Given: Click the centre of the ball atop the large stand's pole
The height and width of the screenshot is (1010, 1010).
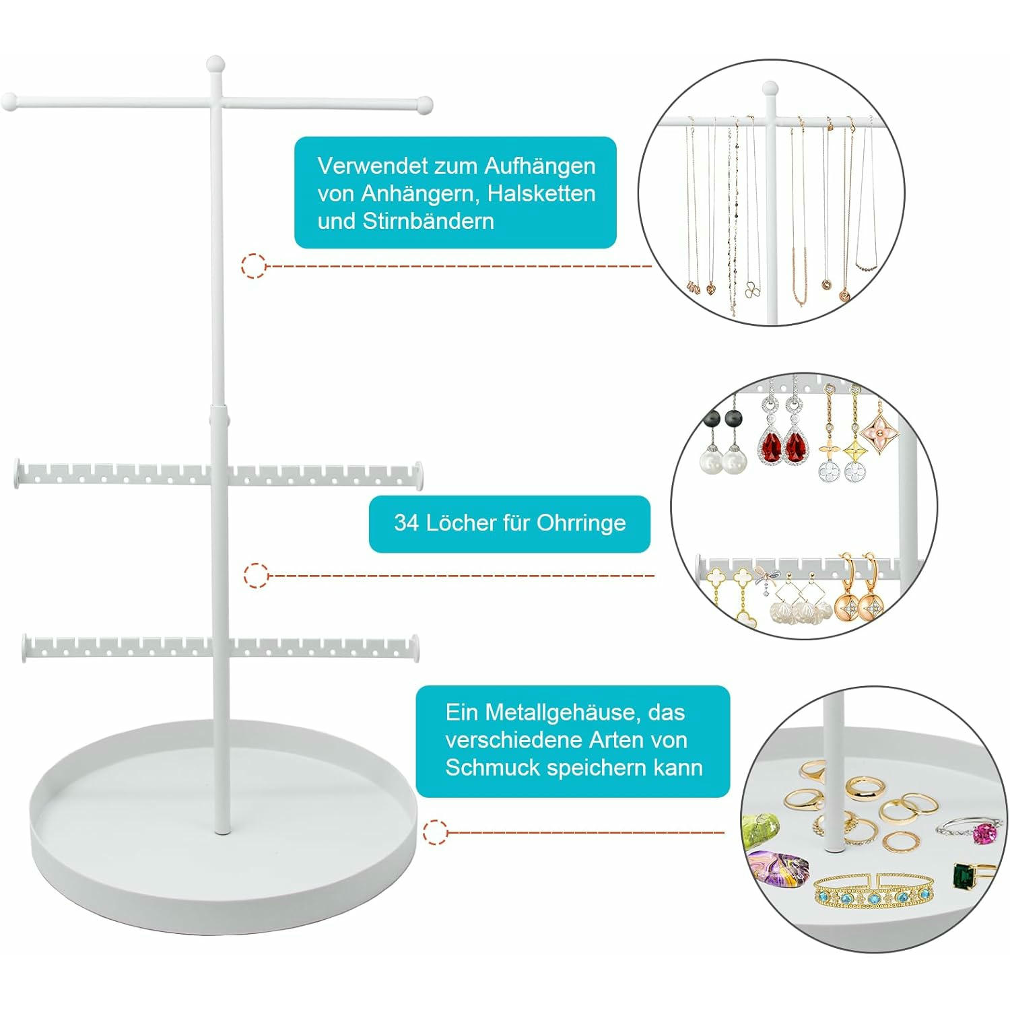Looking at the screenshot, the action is (x=215, y=65).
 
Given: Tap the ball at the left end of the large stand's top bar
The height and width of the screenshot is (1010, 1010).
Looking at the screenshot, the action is (x=9, y=103).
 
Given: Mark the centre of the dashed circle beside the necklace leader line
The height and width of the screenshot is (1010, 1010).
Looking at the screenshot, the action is (x=254, y=266).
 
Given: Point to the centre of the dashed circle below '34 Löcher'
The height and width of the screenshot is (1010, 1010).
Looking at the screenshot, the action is (x=256, y=576).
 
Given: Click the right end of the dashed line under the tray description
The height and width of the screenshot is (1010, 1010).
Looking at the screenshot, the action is (x=724, y=832).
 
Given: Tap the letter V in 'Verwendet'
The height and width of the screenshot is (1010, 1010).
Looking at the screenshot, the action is (x=326, y=166).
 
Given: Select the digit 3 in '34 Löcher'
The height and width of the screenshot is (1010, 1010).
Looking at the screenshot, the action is (x=401, y=523).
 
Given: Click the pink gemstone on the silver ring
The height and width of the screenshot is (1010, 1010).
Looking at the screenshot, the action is (x=984, y=832).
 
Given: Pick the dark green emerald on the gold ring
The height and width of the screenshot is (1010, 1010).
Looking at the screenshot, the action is (x=964, y=877).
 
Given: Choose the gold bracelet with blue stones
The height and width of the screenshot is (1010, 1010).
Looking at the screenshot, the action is (x=875, y=892).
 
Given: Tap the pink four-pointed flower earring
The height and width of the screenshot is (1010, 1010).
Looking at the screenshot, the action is (x=879, y=427).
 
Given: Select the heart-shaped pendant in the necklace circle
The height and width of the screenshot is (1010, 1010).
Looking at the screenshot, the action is (x=711, y=289).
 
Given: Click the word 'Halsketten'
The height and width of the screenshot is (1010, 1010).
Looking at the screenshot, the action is (x=541, y=193).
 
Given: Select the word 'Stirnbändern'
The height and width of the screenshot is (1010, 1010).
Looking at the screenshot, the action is (x=428, y=221).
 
